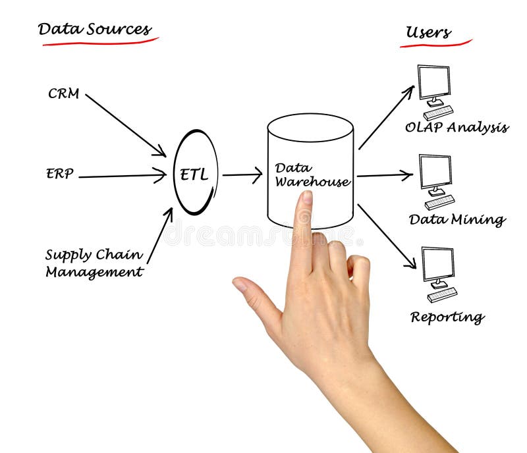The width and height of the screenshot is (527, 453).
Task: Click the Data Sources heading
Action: (94, 30)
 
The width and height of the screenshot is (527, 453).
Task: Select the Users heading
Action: (428, 32)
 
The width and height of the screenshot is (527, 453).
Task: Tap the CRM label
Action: (64, 94)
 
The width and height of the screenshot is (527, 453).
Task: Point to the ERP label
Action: (60, 174)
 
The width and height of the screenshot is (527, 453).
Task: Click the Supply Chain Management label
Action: (94, 263)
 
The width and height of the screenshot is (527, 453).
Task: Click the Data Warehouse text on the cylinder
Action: (311, 175)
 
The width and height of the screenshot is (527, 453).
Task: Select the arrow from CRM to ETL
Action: (125, 124)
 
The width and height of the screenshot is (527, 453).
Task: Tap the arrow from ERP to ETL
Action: (122, 176)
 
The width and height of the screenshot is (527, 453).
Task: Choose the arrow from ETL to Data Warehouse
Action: (242, 174)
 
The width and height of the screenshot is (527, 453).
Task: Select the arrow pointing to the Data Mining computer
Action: (385, 175)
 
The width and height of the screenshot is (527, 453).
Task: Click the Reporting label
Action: (447, 317)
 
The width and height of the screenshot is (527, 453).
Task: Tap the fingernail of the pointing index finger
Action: (306, 198)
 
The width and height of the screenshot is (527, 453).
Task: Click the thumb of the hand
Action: (254, 296)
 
